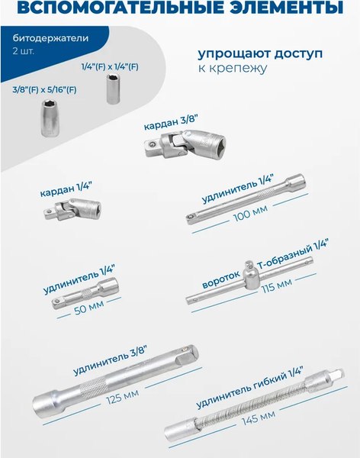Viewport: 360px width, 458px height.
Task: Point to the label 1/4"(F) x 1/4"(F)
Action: click(x=110, y=67)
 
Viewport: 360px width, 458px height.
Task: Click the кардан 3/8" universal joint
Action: click(x=182, y=142)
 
